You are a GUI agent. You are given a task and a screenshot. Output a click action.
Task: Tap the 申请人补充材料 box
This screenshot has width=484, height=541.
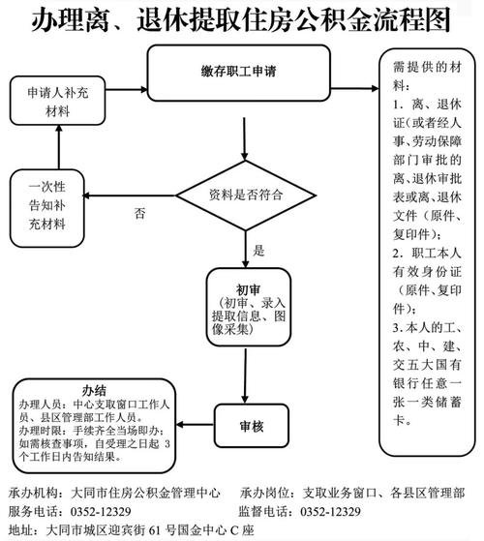click(x=57, y=99)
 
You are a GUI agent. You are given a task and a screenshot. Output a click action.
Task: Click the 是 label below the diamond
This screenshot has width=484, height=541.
click(x=258, y=250)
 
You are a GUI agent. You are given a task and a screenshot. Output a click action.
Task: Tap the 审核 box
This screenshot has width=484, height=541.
click(x=251, y=423)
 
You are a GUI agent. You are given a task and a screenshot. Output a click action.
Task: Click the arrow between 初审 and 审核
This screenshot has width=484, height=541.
click(x=246, y=373)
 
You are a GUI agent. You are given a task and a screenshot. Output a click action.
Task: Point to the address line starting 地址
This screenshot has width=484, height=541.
click(x=136, y=530)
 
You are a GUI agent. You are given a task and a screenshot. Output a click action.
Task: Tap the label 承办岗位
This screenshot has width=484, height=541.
click(x=264, y=492)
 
